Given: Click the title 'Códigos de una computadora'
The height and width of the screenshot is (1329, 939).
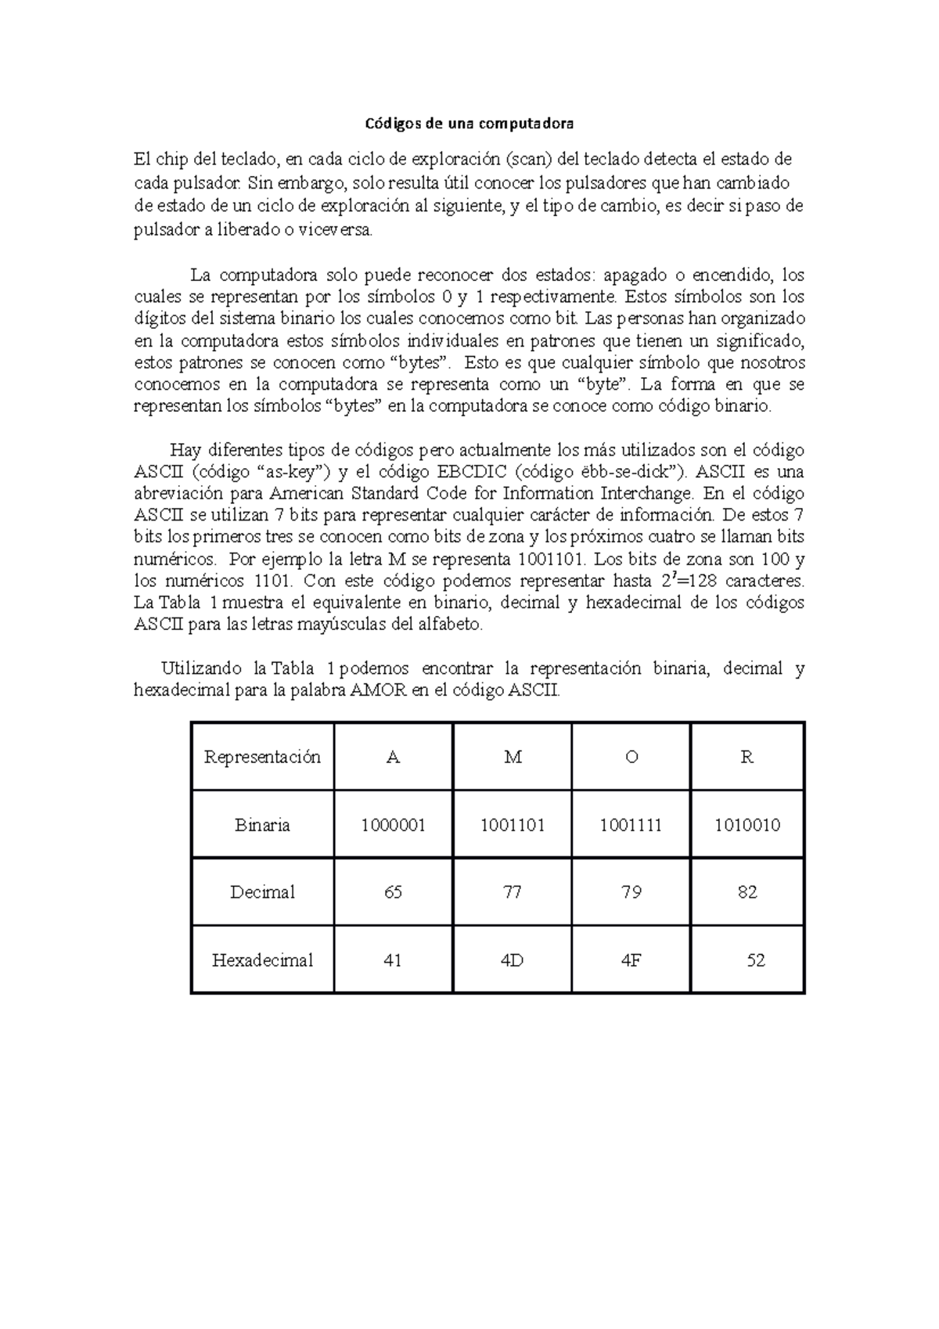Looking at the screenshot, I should [470, 124].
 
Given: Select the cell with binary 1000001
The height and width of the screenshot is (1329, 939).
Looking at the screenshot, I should [393, 825].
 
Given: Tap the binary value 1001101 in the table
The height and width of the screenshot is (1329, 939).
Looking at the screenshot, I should [513, 825].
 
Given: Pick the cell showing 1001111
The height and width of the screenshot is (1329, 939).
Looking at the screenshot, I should [631, 825].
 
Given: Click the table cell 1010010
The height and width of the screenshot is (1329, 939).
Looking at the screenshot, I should [747, 825].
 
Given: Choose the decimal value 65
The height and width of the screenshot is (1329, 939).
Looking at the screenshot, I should [393, 892].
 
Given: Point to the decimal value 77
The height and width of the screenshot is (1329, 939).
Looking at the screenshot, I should [513, 892].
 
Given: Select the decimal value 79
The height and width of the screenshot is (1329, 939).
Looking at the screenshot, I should [631, 892].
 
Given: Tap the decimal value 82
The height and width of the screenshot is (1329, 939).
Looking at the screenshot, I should [747, 892].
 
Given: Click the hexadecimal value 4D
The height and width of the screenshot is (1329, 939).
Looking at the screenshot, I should [513, 960].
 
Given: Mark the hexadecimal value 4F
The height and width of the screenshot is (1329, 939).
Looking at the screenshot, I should [631, 960].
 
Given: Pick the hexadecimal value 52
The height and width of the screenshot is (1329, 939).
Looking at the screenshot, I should [755, 960].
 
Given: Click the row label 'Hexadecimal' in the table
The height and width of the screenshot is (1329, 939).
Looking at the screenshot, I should [262, 960].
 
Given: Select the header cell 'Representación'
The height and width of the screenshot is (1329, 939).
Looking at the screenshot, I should [262, 757].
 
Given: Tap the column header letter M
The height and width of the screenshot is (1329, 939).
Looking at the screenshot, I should [513, 757].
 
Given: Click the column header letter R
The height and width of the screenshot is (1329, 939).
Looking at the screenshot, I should [747, 757].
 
